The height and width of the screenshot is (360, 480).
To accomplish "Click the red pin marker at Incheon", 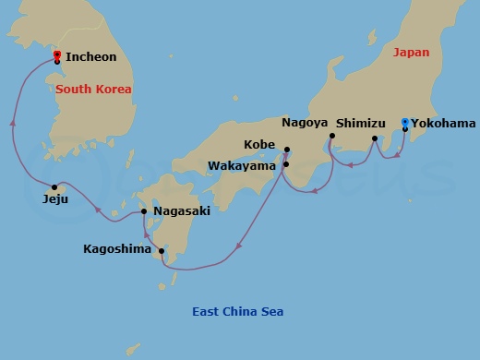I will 57,56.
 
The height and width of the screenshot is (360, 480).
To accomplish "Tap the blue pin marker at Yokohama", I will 405,123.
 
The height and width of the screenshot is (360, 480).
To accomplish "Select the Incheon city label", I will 91,57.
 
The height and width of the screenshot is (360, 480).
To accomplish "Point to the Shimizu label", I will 361,122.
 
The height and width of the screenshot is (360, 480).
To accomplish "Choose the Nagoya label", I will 305,122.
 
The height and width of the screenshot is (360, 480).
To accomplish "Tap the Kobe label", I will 259,145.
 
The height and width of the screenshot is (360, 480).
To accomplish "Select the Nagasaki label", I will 182,211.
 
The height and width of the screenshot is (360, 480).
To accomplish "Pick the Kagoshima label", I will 117,248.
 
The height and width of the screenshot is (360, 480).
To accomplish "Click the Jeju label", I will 55,198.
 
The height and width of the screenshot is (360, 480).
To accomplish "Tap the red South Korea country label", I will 93,90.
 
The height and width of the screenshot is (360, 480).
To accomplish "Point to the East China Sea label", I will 237,312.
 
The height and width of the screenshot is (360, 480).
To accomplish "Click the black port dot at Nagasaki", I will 145,212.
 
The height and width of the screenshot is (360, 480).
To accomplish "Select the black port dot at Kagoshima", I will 162,250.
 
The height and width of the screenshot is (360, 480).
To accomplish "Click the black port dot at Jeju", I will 56,185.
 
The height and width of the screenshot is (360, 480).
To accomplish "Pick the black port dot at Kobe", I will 287,150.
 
